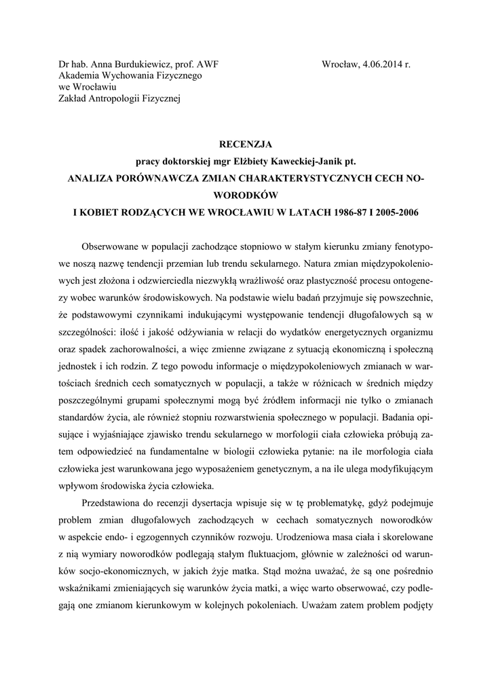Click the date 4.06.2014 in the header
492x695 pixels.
pos(379,66)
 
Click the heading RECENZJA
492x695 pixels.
pos(246,145)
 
